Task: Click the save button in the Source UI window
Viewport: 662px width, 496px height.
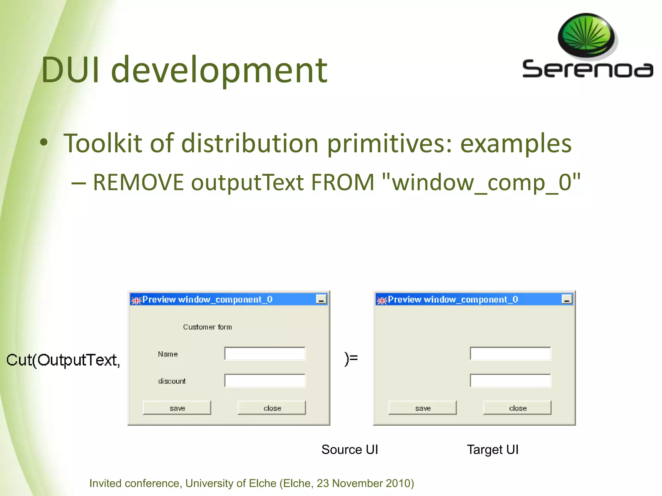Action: pyautogui.click(x=177, y=408)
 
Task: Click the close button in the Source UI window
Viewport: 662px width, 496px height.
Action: pyautogui.click(x=272, y=408)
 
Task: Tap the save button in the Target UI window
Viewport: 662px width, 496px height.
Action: pyautogui.click(x=422, y=408)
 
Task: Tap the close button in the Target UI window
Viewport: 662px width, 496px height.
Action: pyautogui.click(x=517, y=408)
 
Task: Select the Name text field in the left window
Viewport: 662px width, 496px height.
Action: pyautogui.click(x=265, y=354)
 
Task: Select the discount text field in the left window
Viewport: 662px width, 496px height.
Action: pyautogui.click(x=265, y=381)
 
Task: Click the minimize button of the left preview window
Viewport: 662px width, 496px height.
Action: pyautogui.click(x=321, y=299)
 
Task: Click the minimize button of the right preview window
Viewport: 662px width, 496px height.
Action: pyautogui.click(x=567, y=299)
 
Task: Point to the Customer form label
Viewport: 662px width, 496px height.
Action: pyautogui.click(x=207, y=327)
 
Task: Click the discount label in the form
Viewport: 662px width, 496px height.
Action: pyautogui.click(x=172, y=381)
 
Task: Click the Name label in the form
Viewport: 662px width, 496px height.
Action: pyautogui.click(x=168, y=354)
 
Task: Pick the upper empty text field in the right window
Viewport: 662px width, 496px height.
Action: pyautogui.click(x=510, y=354)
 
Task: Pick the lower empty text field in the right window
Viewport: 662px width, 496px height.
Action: pyautogui.click(x=510, y=381)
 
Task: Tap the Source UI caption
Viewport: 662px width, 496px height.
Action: pyautogui.click(x=349, y=449)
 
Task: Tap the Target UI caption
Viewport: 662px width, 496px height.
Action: pyautogui.click(x=492, y=449)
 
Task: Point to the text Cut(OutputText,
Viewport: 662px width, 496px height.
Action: pyautogui.click(x=63, y=360)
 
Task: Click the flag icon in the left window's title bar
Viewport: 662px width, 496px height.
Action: pyautogui.click(x=136, y=300)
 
